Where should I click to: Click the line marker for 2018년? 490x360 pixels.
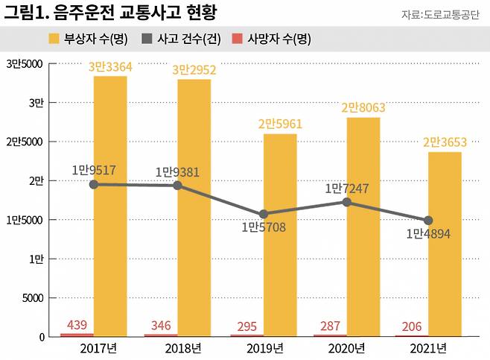click(178, 186)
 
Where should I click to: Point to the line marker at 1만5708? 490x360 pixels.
click(263, 214)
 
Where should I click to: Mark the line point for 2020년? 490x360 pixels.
click(346, 202)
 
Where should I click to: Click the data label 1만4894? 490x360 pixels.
click(428, 234)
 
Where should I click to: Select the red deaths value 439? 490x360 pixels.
click(77, 325)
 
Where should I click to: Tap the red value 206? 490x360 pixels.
click(412, 326)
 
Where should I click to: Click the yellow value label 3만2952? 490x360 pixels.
click(194, 70)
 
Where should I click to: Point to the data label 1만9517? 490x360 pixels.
click(94, 171)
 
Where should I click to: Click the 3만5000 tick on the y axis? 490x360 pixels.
click(25, 63)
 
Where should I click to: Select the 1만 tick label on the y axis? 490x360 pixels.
click(35, 259)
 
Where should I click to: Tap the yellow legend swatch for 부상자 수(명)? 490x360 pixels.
click(54, 39)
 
